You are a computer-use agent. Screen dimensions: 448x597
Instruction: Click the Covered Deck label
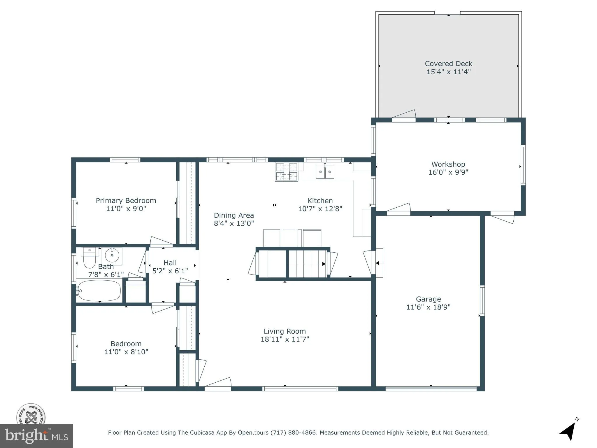tap(448, 64)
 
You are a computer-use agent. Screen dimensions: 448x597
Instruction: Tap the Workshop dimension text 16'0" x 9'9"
tap(448, 172)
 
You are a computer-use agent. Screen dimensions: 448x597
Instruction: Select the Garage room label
tap(428, 299)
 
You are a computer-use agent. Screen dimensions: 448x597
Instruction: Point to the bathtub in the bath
tap(99, 290)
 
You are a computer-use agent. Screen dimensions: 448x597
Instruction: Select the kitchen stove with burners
tap(287, 172)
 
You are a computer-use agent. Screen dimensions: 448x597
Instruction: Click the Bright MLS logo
tap(36, 436)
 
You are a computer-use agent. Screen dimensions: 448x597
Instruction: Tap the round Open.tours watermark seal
tap(31, 414)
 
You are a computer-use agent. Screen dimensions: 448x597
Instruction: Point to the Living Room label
tap(285, 331)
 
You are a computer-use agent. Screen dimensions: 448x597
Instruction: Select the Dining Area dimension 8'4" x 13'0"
tap(234, 223)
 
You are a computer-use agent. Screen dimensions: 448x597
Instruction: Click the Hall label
tap(170, 262)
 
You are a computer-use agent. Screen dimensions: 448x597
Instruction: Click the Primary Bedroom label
tap(126, 201)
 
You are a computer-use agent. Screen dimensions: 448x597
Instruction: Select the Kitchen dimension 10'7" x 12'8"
tap(320, 209)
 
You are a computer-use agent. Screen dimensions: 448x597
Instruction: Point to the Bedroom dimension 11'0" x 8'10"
tap(126, 352)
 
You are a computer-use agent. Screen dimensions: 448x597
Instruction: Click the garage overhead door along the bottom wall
tap(431, 388)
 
